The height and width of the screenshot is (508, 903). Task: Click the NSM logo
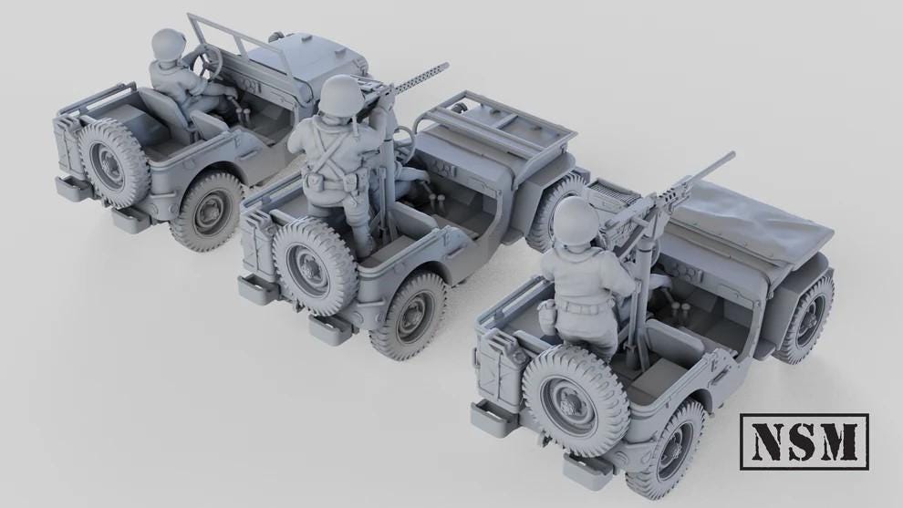click(x=804, y=441)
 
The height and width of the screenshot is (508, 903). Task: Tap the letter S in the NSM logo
click(x=803, y=441)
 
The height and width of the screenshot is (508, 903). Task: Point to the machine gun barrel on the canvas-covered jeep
click(x=702, y=171)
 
